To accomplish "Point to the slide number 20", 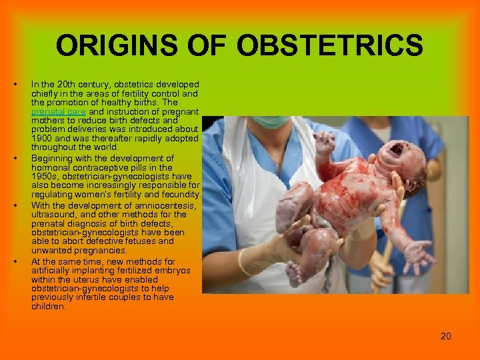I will (x=446, y=335).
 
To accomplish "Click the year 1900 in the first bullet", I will (x=42, y=138).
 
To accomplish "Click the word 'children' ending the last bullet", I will (x=48, y=307).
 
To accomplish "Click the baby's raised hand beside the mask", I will (x=325, y=142).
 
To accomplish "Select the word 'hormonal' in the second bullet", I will (x=51, y=168).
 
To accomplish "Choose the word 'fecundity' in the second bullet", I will (x=177, y=194).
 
